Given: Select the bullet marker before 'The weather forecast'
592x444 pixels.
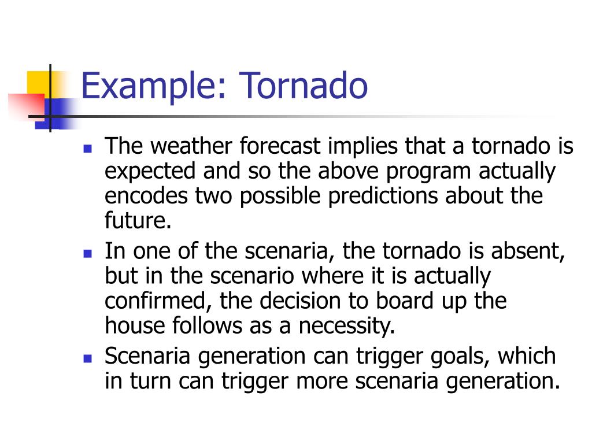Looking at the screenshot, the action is [x=88, y=149].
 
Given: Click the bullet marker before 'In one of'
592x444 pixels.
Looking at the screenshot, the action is [x=88, y=253].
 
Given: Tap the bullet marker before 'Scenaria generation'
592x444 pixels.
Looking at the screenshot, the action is [x=88, y=358].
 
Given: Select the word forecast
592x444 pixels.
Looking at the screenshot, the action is [x=280, y=146].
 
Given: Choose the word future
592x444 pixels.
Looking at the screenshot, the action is [x=138, y=220].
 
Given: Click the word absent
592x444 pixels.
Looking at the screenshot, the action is [x=528, y=251].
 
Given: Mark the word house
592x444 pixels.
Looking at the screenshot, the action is [x=135, y=325].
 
